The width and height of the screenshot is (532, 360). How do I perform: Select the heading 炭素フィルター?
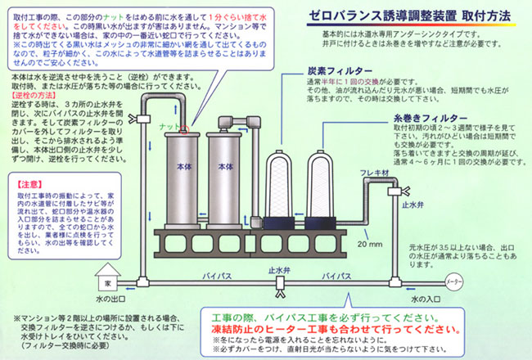334,71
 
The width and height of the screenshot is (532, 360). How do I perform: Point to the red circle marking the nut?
186,128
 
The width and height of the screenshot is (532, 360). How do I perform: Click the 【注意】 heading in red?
29,185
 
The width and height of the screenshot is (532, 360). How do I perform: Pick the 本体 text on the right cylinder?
226,166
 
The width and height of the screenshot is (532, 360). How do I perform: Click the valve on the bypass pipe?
281,281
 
